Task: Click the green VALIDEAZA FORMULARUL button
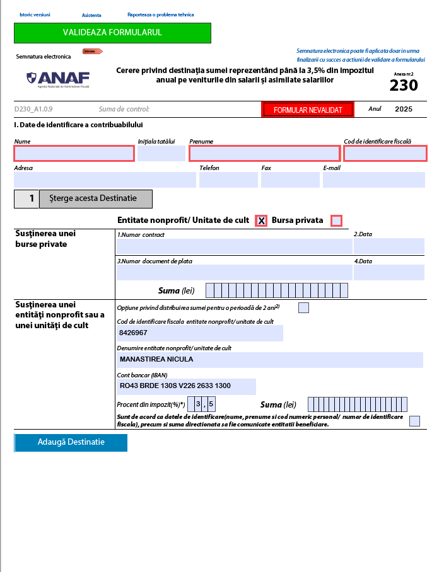pos(112,32)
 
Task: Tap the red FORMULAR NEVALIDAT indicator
pos(308,110)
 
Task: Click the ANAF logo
pos(59,78)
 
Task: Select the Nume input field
pos(74,153)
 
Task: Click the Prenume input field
pos(264,153)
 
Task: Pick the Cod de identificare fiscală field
pos(385,153)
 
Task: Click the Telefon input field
pos(228,180)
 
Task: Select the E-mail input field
pos(373,180)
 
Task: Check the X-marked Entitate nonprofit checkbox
pos(261,220)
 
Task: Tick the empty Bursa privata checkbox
pos(336,220)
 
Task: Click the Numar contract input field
pos(234,246)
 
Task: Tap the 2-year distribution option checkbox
pos(303,307)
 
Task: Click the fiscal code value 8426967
pos(134,333)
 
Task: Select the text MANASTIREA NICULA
pos(156,359)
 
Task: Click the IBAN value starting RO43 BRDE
pos(175,386)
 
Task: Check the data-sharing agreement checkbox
pos(414,421)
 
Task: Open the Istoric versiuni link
pos(35,14)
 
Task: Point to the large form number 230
pos(403,85)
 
